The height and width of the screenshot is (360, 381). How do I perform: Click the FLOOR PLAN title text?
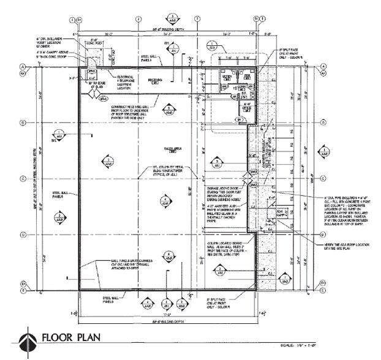[x=68, y=338]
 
